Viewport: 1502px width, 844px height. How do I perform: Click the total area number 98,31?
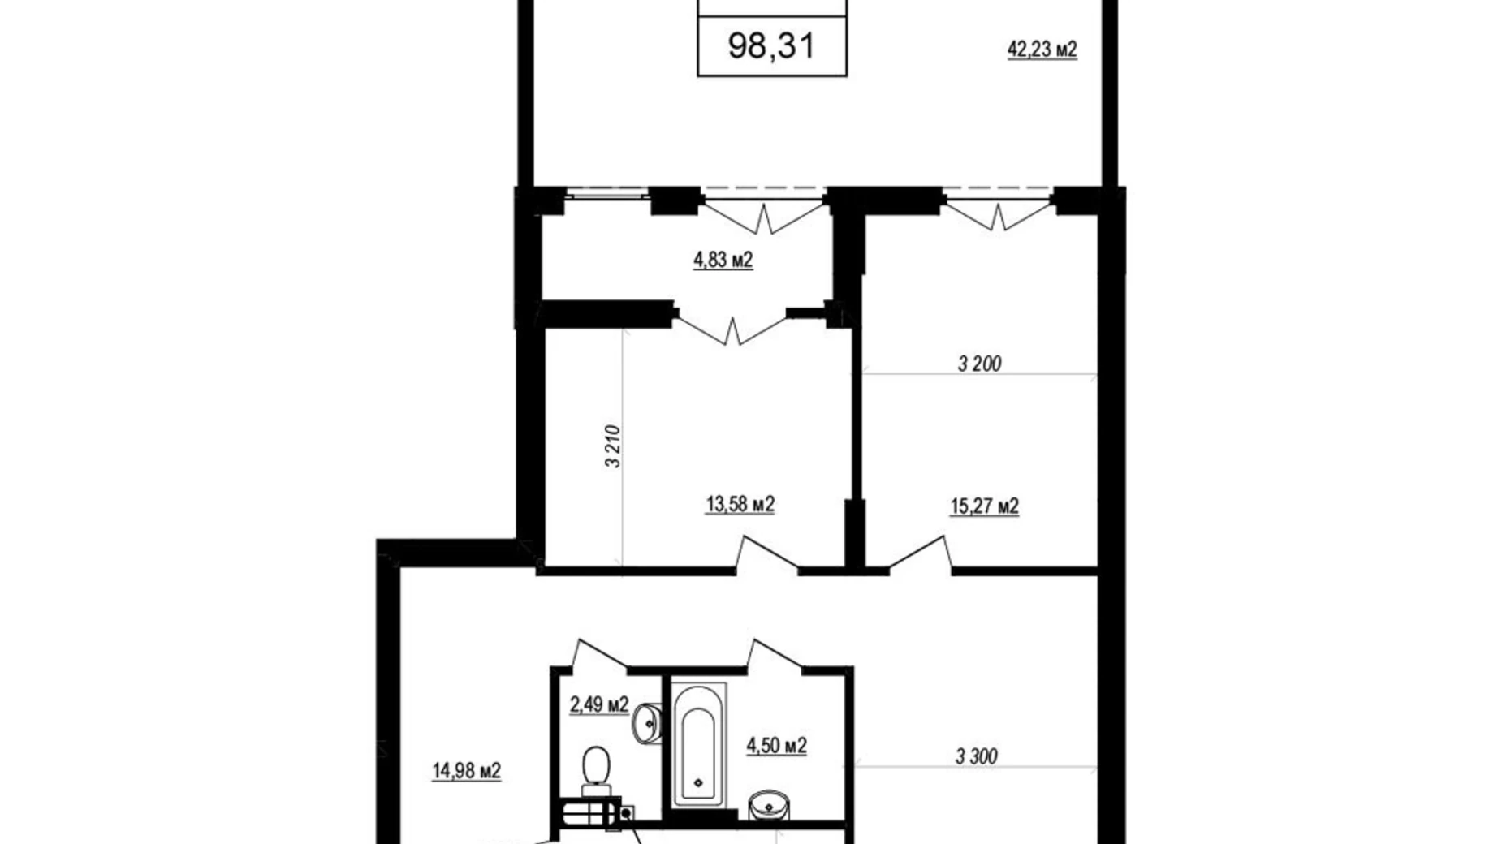771,45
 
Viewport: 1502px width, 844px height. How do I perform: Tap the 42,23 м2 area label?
1042,50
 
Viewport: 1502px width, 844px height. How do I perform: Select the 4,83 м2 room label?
723,260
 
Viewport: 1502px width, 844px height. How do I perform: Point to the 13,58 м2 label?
740,505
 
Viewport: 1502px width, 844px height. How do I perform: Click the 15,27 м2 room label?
984,506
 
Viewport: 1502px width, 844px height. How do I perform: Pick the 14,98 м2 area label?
466,770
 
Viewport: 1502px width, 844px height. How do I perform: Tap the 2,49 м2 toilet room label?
599,704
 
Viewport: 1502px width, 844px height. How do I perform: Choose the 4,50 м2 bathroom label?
777,745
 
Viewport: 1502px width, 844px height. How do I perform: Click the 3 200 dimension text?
979,364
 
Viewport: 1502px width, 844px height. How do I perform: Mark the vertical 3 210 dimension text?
612,446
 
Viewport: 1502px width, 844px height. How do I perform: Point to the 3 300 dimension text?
976,757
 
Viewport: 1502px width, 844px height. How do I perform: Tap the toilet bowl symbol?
597,771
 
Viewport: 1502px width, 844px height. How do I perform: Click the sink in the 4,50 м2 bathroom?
768,805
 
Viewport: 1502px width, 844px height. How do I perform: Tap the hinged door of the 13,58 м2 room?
766,554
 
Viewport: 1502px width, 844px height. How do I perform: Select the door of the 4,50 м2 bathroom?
775,655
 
